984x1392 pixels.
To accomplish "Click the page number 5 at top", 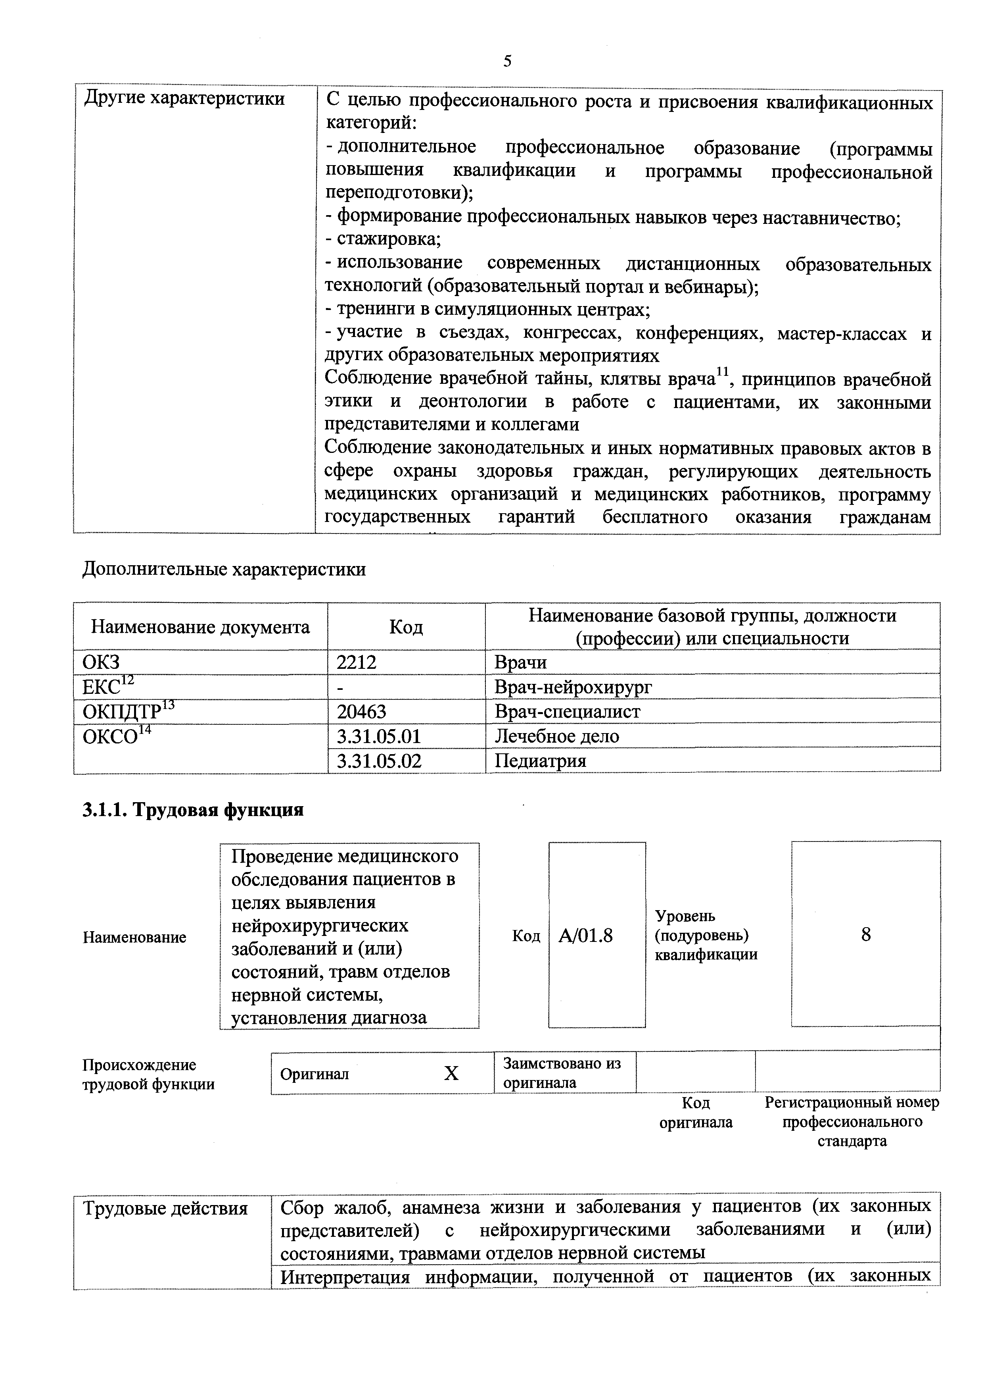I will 507,61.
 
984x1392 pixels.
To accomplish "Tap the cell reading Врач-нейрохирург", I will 573,687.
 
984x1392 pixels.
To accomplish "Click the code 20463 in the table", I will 361,711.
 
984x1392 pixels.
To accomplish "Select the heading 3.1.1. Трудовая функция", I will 193,810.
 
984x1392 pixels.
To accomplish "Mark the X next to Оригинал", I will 451,1074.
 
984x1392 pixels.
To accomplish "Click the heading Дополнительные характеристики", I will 224,569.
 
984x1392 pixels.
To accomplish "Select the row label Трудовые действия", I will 165,1208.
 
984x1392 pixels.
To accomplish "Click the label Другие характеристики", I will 184,98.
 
